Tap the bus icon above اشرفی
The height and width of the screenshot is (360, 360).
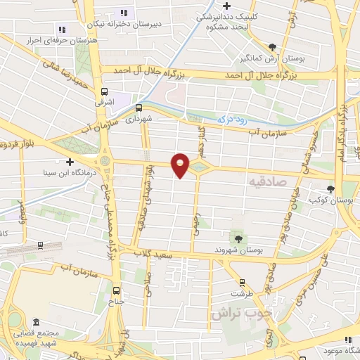click(x=105, y=91)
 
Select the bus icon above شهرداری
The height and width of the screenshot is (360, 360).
click(x=139, y=108)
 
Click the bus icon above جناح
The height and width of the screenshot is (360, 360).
click(x=117, y=290)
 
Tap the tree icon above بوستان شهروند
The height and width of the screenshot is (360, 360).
click(x=236, y=238)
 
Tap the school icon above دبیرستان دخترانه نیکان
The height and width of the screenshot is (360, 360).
click(x=124, y=13)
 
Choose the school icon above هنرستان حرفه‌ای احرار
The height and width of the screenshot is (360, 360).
click(x=63, y=30)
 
